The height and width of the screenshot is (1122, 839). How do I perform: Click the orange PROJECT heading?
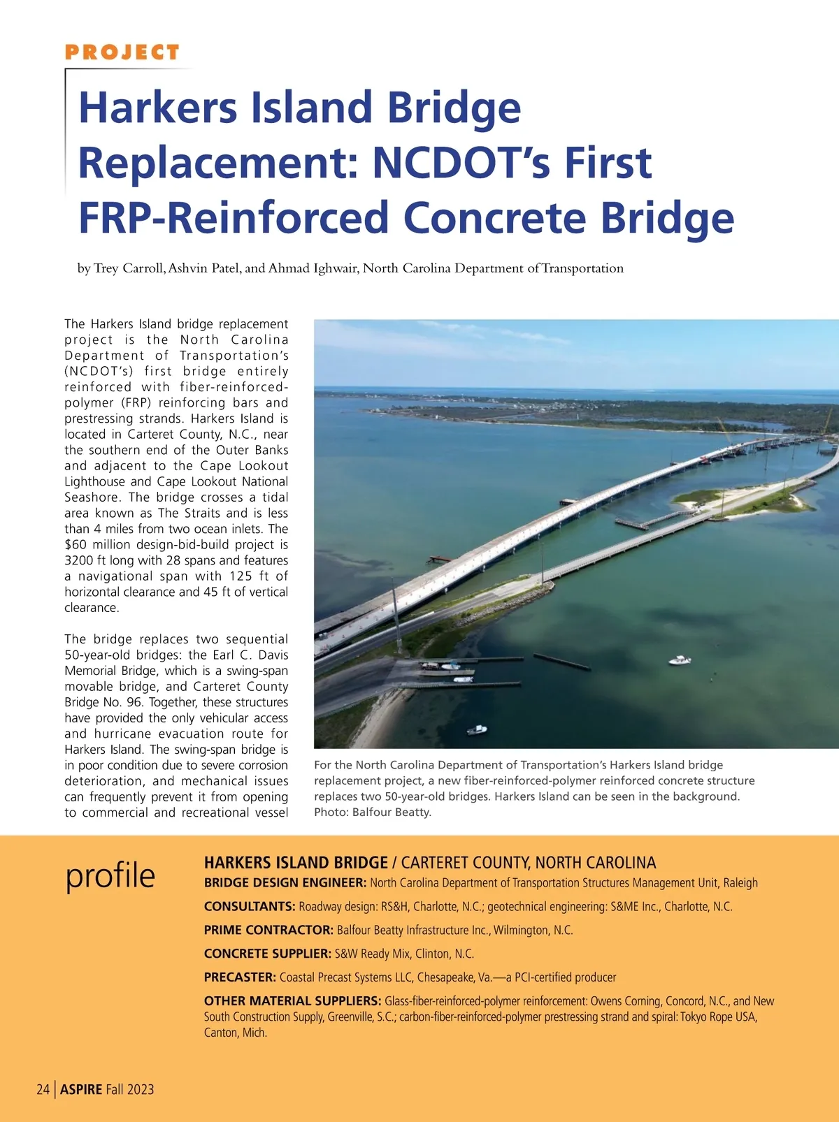[122, 52]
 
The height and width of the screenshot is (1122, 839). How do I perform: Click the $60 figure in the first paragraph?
[77, 545]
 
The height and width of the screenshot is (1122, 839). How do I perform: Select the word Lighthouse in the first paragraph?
[95, 481]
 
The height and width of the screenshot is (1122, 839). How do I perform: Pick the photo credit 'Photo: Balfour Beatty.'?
[373, 812]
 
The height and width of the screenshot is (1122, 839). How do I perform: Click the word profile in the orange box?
[110, 875]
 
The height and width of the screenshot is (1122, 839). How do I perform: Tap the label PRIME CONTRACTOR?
[268, 930]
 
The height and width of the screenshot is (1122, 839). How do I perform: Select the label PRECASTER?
[240, 977]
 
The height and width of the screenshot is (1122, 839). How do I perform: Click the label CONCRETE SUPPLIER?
[267, 954]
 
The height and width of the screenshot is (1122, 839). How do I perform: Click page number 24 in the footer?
[43, 1089]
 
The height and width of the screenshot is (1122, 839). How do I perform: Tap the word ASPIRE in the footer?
[81, 1089]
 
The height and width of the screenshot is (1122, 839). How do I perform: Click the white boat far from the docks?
[680, 660]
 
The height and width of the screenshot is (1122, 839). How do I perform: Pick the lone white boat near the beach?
[477, 730]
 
